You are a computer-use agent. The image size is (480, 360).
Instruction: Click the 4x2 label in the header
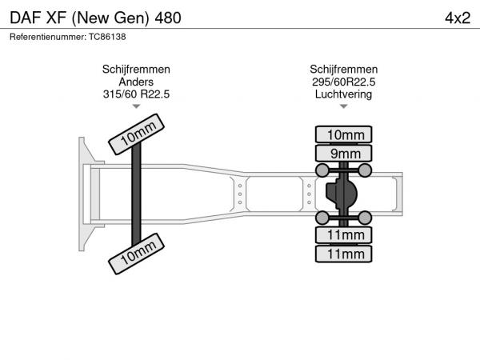click(x=458, y=18)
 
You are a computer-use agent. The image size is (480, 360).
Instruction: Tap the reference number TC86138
click(x=107, y=37)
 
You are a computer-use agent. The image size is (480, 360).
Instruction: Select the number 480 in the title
click(x=168, y=18)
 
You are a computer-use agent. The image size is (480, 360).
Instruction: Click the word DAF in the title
click(x=26, y=18)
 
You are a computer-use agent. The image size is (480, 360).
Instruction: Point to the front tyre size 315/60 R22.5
click(x=136, y=94)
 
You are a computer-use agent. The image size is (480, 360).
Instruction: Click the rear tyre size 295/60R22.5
click(x=343, y=82)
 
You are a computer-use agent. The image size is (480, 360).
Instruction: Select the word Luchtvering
click(x=343, y=94)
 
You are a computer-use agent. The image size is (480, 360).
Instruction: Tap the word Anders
click(x=136, y=82)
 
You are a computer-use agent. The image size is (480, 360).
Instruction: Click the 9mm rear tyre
click(x=343, y=154)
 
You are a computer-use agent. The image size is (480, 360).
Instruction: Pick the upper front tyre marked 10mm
click(x=136, y=134)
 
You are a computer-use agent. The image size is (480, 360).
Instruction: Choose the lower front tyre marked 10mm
click(x=136, y=254)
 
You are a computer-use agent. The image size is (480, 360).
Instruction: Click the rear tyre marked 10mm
click(x=343, y=134)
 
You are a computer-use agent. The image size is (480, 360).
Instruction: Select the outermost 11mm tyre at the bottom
click(x=343, y=254)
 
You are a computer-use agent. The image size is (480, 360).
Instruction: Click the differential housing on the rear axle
click(x=341, y=194)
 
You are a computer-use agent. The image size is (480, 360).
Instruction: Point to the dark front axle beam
click(x=136, y=194)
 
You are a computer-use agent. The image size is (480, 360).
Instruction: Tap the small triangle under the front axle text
click(x=136, y=106)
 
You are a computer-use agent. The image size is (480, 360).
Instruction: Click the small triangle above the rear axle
click(x=344, y=106)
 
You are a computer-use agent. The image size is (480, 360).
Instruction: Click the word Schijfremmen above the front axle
click(x=136, y=70)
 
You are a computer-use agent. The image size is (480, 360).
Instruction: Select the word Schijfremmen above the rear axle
click(x=343, y=70)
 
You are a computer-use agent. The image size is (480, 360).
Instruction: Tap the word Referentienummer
click(x=48, y=37)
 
